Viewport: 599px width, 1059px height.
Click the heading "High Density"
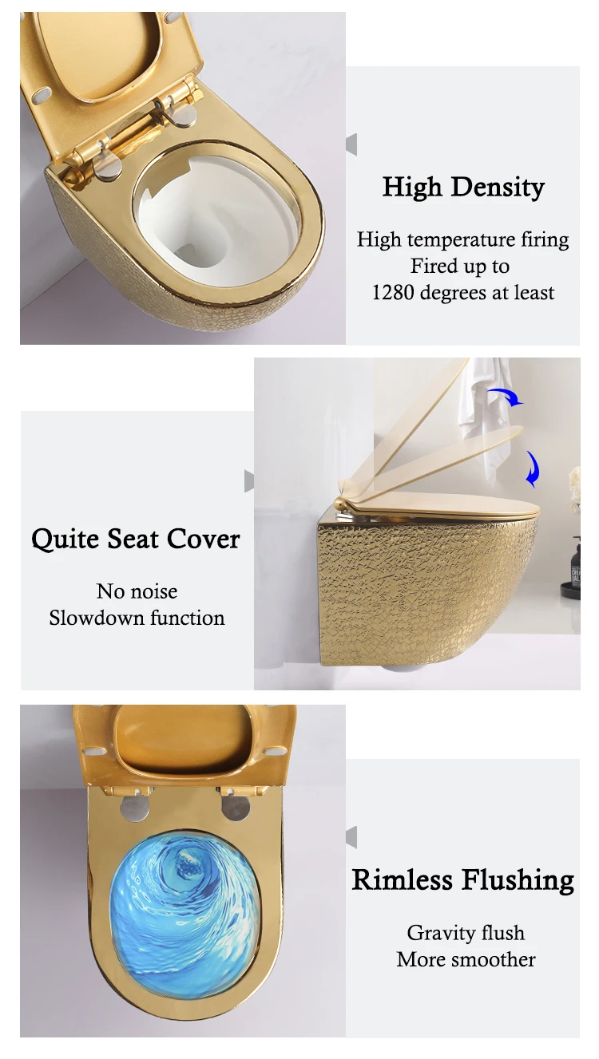[x=463, y=188]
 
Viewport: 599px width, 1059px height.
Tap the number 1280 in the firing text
[x=392, y=293]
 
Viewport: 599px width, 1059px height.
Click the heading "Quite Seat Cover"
[x=136, y=539]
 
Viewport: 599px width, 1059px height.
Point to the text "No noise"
[x=137, y=591]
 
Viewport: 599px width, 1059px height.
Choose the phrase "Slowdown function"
[x=137, y=618]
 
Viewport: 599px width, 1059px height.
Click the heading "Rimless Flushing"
[x=463, y=880]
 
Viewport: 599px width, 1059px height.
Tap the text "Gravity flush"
[x=466, y=933]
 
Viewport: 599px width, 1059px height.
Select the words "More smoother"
[x=466, y=959]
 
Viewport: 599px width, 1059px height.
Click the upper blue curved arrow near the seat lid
[x=505, y=397]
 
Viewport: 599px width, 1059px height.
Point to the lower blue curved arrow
[x=532, y=469]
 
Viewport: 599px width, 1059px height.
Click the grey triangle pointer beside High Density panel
[x=351, y=144]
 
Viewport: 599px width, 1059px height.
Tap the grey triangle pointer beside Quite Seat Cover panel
[x=249, y=481]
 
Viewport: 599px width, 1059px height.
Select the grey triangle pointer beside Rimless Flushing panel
[x=351, y=837]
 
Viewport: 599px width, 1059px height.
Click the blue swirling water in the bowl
[x=184, y=901]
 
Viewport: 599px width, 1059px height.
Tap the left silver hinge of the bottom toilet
[x=136, y=806]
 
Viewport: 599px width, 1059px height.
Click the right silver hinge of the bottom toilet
[x=235, y=806]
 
